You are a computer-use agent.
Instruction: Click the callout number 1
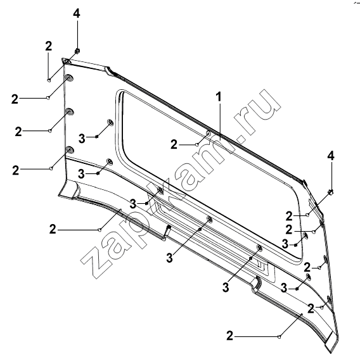coord(219,97)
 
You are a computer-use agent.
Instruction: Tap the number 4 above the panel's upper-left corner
coord(77,13)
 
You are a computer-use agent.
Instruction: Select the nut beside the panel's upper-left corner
coord(77,51)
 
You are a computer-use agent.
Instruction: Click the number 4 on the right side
coord(331,156)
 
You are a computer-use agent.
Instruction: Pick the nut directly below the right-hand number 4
coord(331,192)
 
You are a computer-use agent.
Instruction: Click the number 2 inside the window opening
coord(174,144)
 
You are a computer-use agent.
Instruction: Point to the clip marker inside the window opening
coord(197,145)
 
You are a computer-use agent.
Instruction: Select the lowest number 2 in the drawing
coord(229,336)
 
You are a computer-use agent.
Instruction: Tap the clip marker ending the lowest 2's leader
coord(280,336)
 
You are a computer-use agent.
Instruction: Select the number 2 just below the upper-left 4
coord(48,46)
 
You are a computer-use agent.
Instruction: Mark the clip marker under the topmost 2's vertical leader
coord(49,80)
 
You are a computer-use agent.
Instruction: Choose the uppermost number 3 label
coord(82,139)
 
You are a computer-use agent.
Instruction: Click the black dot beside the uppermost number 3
coord(97,137)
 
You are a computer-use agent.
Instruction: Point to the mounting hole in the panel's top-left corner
coord(67,61)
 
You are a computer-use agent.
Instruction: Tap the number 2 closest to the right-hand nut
coord(289,216)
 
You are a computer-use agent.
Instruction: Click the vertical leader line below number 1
coord(219,121)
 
